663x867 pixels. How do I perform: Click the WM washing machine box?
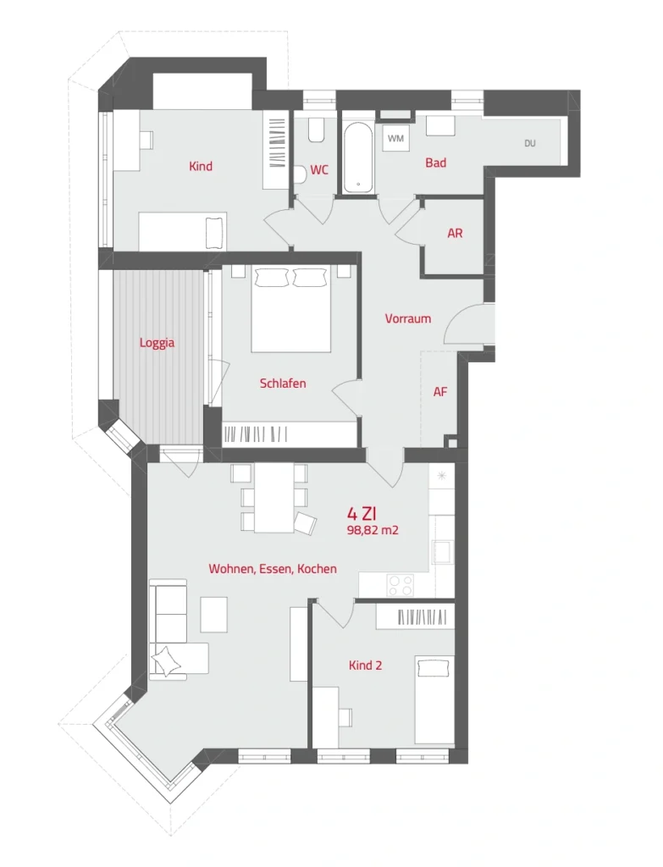click(396, 138)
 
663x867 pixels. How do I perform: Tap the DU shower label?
click(530, 143)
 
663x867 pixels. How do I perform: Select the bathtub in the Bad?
click(358, 157)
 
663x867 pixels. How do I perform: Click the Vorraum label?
click(407, 318)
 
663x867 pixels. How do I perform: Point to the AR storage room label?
click(455, 234)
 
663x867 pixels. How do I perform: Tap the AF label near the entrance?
click(440, 392)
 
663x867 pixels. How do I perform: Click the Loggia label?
click(157, 343)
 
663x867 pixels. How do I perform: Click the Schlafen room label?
click(283, 384)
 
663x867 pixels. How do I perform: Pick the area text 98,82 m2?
click(373, 530)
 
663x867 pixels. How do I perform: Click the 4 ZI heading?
click(362, 514)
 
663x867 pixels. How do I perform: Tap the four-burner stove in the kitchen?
click(401, 585)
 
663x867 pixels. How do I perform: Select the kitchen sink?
click(442, 551)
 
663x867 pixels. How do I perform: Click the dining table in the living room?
click(273, 498)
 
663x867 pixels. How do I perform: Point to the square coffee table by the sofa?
click(214, 615)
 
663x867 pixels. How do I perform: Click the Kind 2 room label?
click(365, 665)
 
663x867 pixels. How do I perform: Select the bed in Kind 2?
click(434, 700)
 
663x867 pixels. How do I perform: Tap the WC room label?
click(319, 169)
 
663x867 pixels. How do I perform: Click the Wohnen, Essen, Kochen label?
click(273, 569)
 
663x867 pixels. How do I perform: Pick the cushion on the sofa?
click(167, 661)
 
